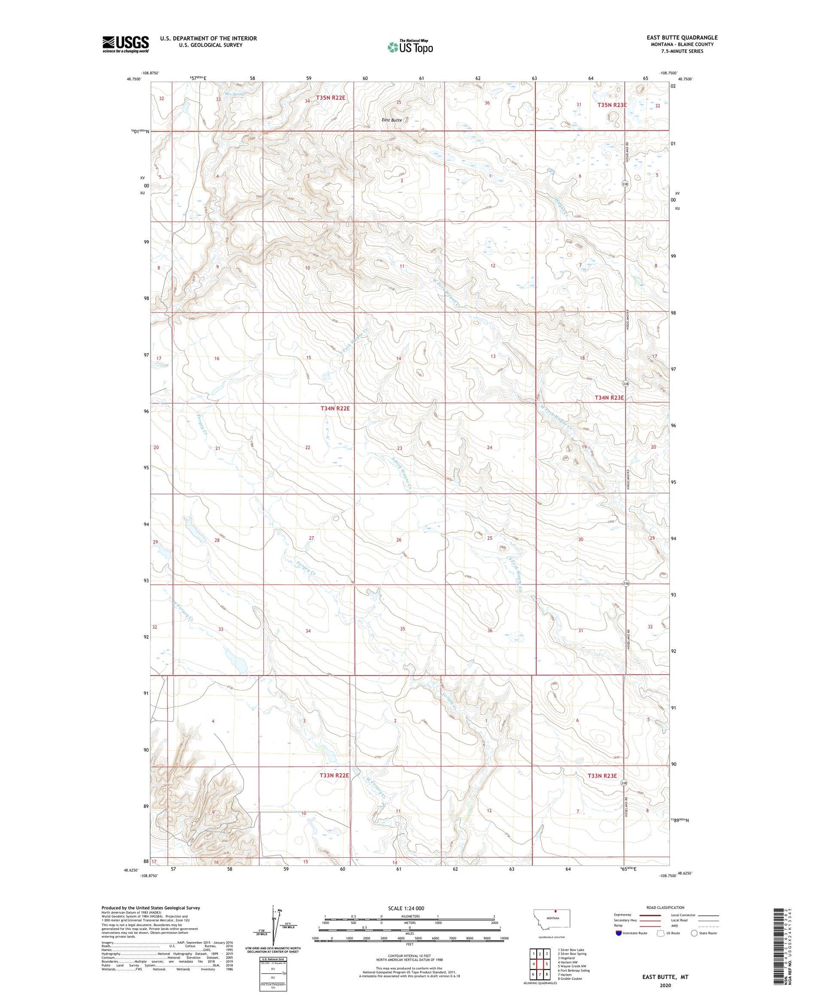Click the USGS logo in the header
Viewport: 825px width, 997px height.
coord(125,44)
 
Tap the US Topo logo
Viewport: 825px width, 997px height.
coord(410,47)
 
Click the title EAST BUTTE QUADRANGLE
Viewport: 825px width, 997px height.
coord(681,37)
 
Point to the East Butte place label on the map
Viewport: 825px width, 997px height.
coord(392,120)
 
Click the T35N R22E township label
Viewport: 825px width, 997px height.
coord(331,98)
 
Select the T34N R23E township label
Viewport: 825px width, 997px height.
coord(609,398)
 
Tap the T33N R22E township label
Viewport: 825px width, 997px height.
coord(334,775)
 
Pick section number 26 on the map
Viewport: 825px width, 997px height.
coord(399,540)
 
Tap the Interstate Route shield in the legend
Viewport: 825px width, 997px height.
coord(619,933)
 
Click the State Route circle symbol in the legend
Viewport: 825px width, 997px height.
coord(694,933)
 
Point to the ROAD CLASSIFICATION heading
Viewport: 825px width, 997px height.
coord(665,907)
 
